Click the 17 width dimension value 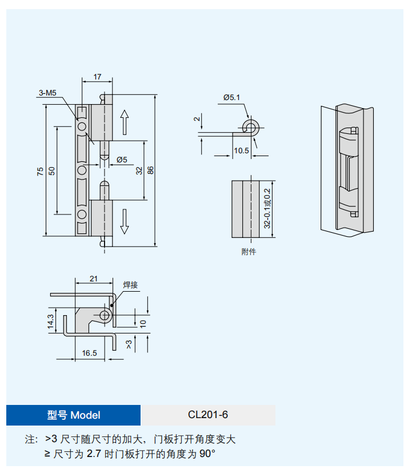tap(98, 76)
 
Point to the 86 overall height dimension tap(150, 170)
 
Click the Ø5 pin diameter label tap(121, 160)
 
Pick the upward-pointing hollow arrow tap(125, 121)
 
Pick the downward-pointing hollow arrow tap(125, 221)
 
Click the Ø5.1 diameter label tap(231, 97)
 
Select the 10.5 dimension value tap(241, 151)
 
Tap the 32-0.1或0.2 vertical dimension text tap(267, 209)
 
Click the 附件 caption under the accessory tap(249, 252)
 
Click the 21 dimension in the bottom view tap(94, 279)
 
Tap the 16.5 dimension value tap(89, 353)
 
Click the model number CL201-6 tap(208, 415)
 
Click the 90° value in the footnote tap(208, 454)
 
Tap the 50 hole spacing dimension tap(52, 171)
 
